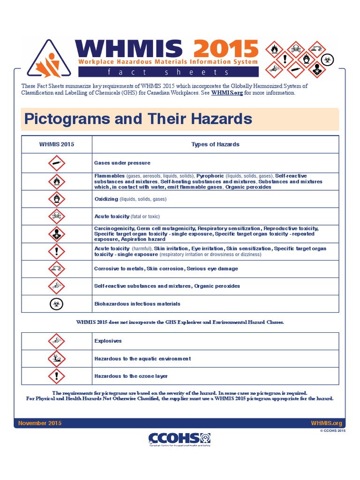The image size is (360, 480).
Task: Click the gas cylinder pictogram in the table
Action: (x=56, y=163)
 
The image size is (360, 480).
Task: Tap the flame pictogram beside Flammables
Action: (x=56, y=181)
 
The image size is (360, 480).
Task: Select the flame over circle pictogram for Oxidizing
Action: (x=56, y=199)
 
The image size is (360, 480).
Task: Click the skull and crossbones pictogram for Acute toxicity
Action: (x=56, y=216)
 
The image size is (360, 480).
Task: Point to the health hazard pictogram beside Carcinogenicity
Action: (x=56, y=233)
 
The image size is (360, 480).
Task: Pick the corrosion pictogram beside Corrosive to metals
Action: (x=56, y=269)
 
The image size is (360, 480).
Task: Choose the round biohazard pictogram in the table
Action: (x=56, y=304)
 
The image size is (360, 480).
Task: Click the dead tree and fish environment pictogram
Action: (x=56, y=359)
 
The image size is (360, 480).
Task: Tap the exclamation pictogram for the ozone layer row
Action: (x=56, y=376)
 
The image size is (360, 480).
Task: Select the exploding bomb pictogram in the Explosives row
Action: (x=56, y=341)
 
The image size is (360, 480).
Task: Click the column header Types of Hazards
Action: (x=215, y=144)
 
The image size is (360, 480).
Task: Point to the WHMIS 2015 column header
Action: (x=56, y=144)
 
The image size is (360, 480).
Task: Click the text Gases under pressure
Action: (x=122, y=163)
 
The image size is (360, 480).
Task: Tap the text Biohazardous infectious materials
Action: (x=137, y=304)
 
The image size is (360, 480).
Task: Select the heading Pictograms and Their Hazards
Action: (x=138, y=119)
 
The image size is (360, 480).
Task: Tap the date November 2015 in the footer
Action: (x=40, y=423)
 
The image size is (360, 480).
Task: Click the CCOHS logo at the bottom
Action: (x=180, y=439)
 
